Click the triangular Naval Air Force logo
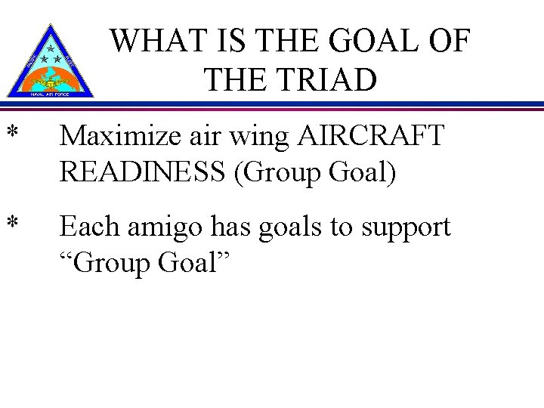pyautogui.click(x=50, y=62)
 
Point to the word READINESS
pyautogui.click(x=144, y=173)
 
